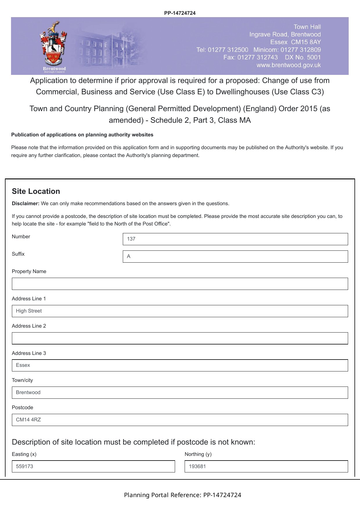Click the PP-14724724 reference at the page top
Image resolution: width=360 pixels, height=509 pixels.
point(180,13)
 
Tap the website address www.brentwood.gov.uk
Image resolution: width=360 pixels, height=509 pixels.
point(288,65)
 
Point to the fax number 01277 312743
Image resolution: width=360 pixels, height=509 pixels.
point(257,57)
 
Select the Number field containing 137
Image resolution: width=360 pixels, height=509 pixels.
point(235,239)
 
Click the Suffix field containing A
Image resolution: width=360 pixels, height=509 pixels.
point(235,257)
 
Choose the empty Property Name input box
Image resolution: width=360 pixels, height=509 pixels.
point(180,284)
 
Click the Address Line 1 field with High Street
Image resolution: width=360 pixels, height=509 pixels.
point(180,311)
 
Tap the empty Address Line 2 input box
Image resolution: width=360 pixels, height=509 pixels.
point(180,338)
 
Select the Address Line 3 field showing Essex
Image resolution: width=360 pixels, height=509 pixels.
point(180,365)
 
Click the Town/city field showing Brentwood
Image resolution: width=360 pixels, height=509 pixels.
point(180,393)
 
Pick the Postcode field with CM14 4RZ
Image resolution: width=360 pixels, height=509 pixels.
point(180,420)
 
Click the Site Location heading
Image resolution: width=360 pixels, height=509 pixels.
point(36,192)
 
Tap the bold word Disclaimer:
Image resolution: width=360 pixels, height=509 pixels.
point(26,204)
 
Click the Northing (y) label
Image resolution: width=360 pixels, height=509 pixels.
point(198,454)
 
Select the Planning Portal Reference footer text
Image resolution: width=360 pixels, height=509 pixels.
point(182,495)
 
